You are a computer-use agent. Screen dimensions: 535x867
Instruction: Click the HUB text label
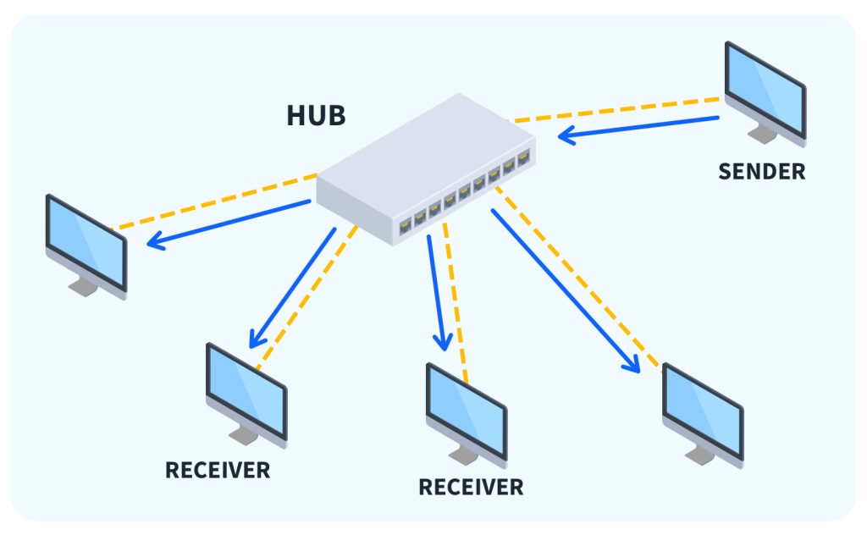316,114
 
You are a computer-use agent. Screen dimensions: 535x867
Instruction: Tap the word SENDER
761,172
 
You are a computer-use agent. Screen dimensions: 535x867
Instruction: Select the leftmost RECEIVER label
218,470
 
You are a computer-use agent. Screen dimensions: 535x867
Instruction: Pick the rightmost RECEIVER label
471,488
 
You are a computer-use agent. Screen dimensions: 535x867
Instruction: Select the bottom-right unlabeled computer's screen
702,410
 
